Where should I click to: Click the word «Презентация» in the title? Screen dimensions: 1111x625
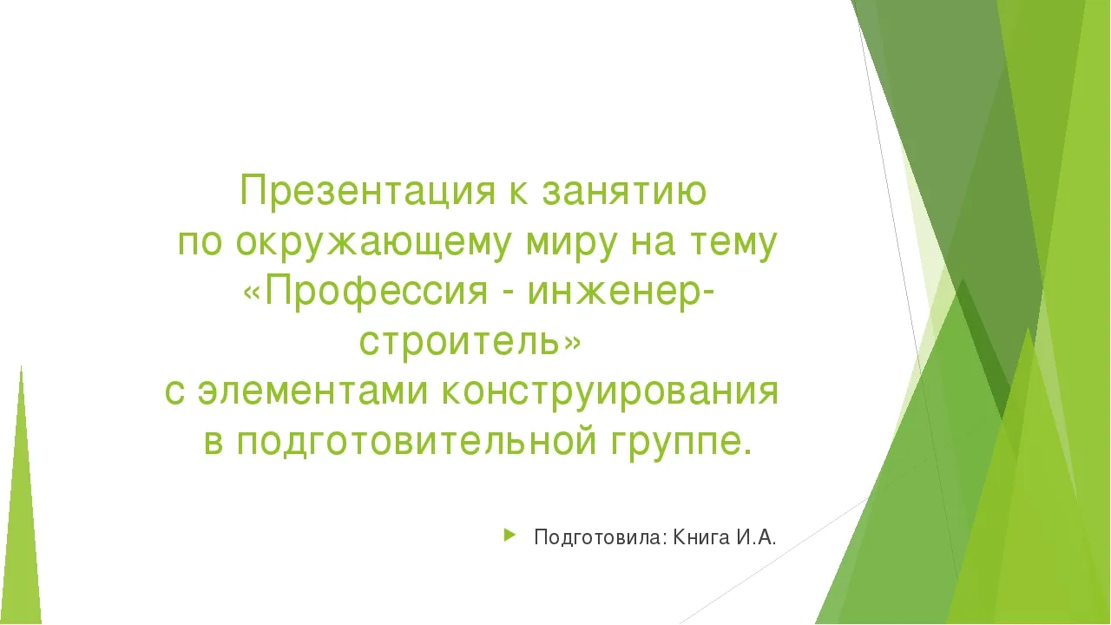point(367,192)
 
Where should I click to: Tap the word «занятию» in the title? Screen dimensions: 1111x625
point(624,192)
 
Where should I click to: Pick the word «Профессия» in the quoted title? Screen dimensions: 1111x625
point(377,292)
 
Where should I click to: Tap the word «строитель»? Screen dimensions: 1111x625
point(460,342)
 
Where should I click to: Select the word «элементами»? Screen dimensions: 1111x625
point(313,391)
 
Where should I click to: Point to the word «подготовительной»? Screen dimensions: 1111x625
point(416,442)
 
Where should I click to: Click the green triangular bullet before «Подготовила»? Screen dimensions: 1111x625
point(509,536)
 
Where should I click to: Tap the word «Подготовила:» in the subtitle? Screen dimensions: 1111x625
point(601,537)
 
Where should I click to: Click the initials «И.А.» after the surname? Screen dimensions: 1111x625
point(756,537)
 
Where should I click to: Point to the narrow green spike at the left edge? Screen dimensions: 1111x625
point(22,496)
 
